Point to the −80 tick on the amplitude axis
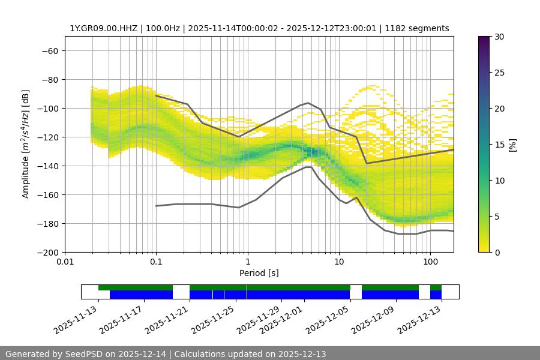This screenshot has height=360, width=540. click(x=49, y=79)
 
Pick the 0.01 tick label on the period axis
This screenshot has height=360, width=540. click(x=65, y=262)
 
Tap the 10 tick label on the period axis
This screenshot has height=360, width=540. click(x=339, y=262)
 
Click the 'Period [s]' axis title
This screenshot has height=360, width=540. click(x=259, y=273)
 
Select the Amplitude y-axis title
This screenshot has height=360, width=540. click(x=25, y=144)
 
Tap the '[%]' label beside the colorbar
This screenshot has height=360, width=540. click(x=512, y=144)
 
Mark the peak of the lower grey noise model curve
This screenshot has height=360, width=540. click(x=308, y=167)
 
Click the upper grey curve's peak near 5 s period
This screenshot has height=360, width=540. click(x=308, y=103)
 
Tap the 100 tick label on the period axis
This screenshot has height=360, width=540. click(x=430, y=262)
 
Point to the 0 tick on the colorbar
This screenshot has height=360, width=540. click(x=497, y=252)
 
